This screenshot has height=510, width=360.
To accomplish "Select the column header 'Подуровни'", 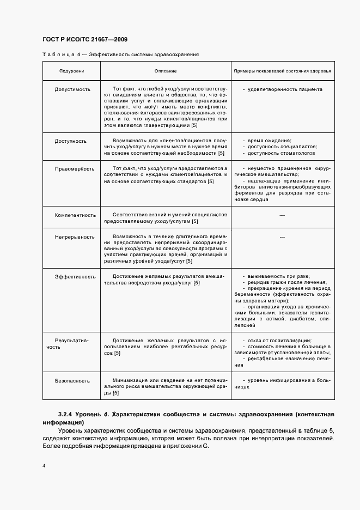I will [71, 71].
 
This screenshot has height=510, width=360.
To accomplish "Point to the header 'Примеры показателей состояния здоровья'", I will [282, 71].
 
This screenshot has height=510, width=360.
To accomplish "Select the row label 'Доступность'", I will [70, 141].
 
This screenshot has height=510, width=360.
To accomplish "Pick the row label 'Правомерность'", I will [74, 169].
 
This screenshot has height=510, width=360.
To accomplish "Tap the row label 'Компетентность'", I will [75, 215].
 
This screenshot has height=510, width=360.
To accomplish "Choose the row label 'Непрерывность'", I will [74, 237].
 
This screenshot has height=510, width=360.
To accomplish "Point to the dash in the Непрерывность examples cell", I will [282, 237].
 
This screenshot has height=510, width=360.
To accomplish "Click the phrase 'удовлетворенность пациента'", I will [285, 89].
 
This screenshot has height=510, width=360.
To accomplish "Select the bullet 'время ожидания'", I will [269, 141].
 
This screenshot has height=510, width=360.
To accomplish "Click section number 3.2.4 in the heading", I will [66, 415].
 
